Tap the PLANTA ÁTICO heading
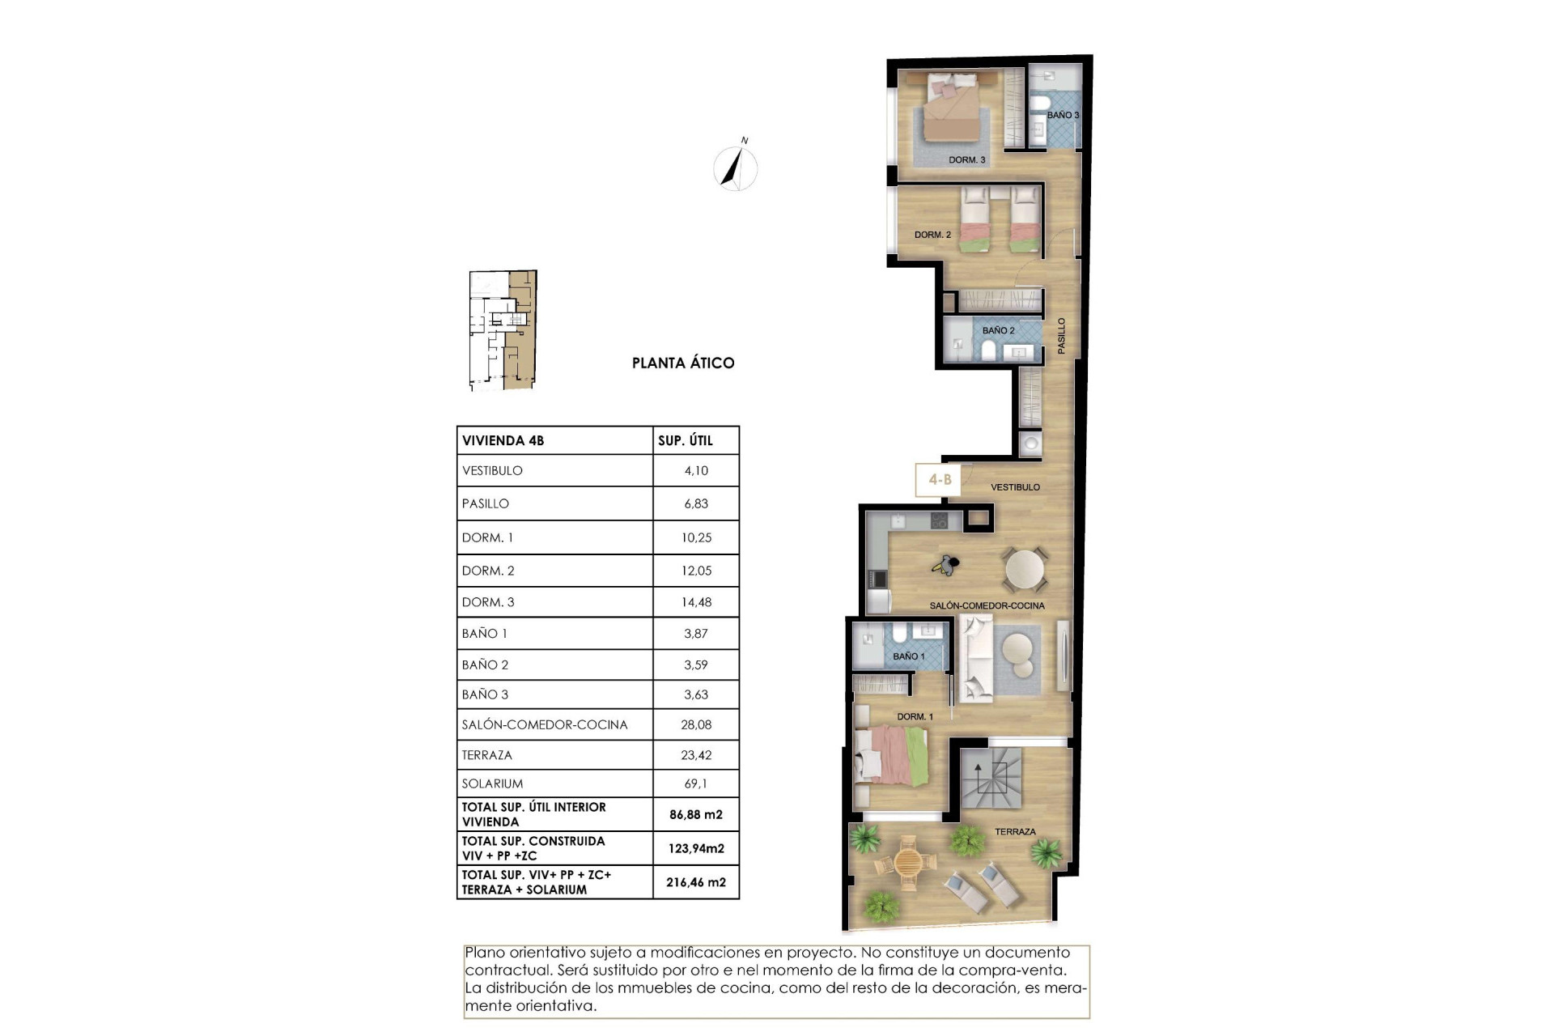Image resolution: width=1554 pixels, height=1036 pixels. coord(683,363)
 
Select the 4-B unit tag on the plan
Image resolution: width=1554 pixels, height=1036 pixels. coord(940,480)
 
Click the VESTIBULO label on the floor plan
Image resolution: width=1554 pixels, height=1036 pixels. coord(1015,487)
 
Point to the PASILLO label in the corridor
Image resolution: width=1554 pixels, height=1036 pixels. coord(1061,335)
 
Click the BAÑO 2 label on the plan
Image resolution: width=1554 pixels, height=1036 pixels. coord(998,330)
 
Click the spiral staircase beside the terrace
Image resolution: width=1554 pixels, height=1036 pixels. coord(991,778)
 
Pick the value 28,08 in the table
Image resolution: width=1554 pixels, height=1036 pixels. coord(696,724)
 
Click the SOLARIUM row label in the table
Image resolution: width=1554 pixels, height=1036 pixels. coord(492,783)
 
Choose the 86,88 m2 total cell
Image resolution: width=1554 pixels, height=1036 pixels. coord(696,815)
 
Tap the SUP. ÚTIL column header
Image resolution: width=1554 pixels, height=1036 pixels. coord(685,440)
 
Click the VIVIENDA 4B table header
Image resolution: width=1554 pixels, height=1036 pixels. coord(503,440)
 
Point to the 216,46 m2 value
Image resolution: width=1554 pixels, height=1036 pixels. coord(696,882)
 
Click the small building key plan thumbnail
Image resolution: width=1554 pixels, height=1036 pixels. coord(503,330)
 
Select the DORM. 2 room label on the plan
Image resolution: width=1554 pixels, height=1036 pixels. coord(932,235)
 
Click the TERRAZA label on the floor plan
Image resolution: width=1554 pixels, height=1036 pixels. coord(1015,831)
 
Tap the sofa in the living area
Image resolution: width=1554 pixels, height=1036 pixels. coord(974,657)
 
